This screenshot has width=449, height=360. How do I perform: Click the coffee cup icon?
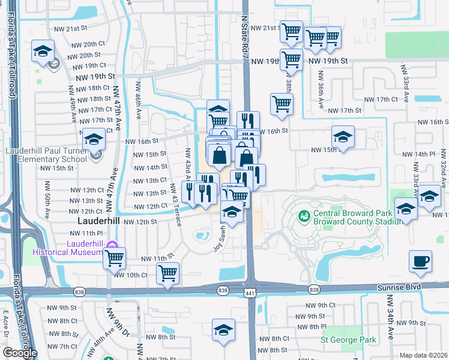pyautogui.click(x=420, y=262)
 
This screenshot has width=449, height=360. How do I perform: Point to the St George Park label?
pyautogui.click(x=349, y=341)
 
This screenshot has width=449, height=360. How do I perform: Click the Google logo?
pyautogui.click(x=20, y=353)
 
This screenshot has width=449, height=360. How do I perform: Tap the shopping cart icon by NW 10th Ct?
pyautogui.click(x=168, y=274)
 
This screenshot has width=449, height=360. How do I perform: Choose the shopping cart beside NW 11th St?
pyautogui.click(x=114, y=259)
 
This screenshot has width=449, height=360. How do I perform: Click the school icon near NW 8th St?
pyautogui.click(x=224, y=330)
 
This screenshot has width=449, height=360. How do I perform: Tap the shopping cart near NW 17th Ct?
pyautogui.click(x=282, y=104)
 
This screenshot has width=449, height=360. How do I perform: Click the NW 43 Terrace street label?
pyautogui.click(x=176, y=205)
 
